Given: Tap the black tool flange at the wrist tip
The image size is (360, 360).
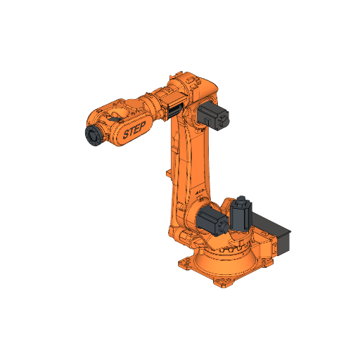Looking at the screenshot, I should tap(91, 135).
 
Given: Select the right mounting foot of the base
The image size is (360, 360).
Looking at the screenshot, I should tap(265, 261).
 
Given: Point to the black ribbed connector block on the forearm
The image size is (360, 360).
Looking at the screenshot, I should tap(173, 109).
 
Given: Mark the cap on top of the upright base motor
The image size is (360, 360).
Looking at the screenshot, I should tap(243, 200).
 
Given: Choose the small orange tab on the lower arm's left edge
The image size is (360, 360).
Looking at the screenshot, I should tap(167, 172).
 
